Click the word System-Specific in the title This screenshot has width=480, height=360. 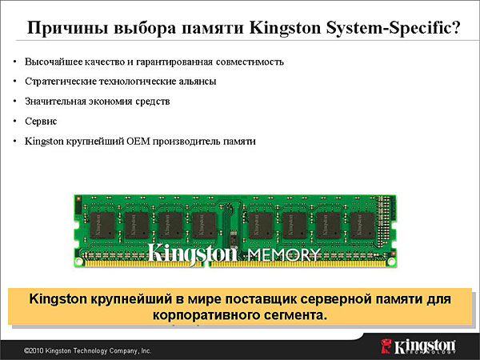pos(394,28)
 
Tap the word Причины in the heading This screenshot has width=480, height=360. pos(68,28)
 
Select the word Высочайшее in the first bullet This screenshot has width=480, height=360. pos(54,62)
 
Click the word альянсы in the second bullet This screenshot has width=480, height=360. pos(199,82)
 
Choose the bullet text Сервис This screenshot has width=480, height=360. pos(41,122)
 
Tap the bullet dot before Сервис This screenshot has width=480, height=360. pos(14,122)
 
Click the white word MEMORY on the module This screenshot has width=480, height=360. pos(284,255)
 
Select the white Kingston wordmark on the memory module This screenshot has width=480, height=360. pos(192,254)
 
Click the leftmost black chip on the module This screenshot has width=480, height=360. pos(102,226)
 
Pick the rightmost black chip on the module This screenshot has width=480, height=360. pos(362,226)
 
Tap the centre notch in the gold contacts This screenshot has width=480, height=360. pos(206,264)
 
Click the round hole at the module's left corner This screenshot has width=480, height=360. pos(79,261)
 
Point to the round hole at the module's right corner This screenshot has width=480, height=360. pos(391,261)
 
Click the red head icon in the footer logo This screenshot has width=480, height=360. pos(386,346)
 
